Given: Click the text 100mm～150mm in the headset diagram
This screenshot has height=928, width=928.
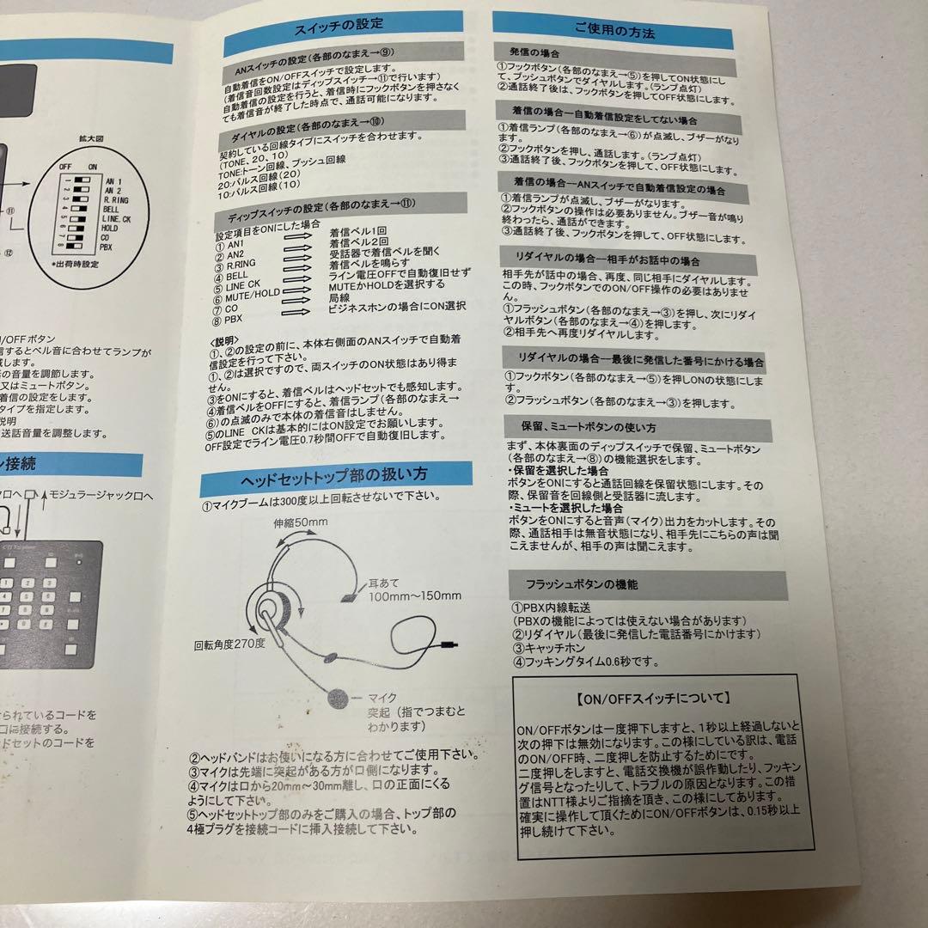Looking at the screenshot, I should tap(415, 595).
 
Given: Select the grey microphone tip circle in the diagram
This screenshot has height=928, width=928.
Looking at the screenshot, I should tap(340, 698).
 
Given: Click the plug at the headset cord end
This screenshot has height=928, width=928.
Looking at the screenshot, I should tap(448, 644).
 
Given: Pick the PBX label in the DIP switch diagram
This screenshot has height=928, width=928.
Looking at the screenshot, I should tap(106, 247).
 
